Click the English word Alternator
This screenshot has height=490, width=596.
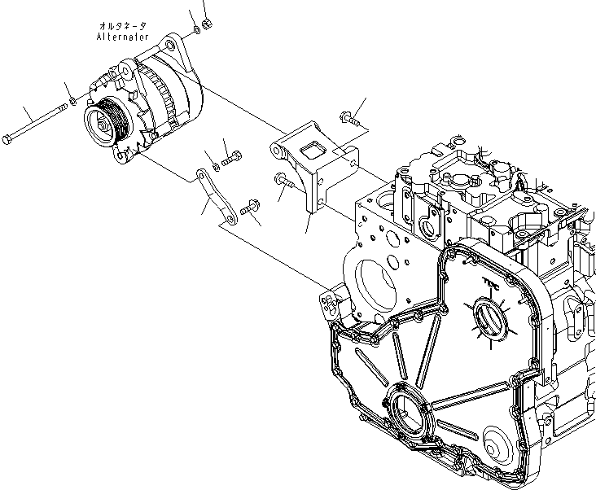[122, 37]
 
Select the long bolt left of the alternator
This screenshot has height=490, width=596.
[37, 120]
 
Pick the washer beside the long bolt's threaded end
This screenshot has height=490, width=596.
[73, 101]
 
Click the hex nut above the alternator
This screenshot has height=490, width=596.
[206, 24]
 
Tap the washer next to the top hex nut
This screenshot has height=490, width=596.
[198, 32]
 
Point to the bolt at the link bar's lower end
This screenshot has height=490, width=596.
[249, 211]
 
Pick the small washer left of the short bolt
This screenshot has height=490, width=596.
[215, 168]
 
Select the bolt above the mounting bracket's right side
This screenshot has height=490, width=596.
[351, 120]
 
